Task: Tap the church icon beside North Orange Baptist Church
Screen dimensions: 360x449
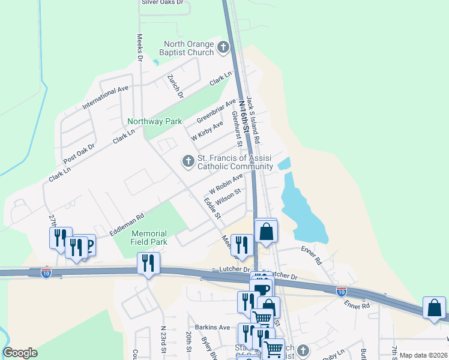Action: (x=223, y=47)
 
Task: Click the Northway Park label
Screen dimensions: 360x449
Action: (x=154, y=121)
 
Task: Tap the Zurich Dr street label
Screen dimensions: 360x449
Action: (x=175, y=86)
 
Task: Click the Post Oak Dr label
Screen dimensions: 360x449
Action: (x=79, y=154)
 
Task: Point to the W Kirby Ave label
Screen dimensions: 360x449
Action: (x=207, y=131)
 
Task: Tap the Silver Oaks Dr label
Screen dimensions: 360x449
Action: (x=162, y=2)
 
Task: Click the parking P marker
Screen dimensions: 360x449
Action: (x=88, y=245)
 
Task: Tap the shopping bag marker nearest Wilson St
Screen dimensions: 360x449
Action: (x=266, y=232)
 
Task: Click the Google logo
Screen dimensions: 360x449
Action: (x=20, y=353)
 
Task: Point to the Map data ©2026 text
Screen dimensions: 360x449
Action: (x=423, y=355)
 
